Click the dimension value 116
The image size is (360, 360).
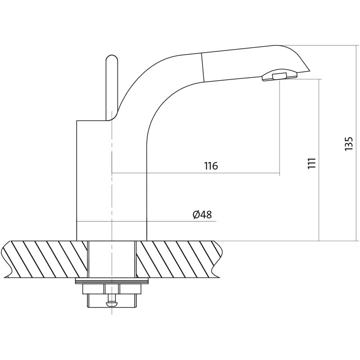click(211, 166)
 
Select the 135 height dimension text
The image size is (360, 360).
click(349, 144)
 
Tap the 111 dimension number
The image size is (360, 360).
click(312, 163)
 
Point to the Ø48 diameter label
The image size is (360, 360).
click(202, 215)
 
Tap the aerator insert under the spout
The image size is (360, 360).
click(279, 76)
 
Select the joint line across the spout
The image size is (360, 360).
click(202, 67)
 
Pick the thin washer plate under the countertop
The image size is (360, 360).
click(112, 280)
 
